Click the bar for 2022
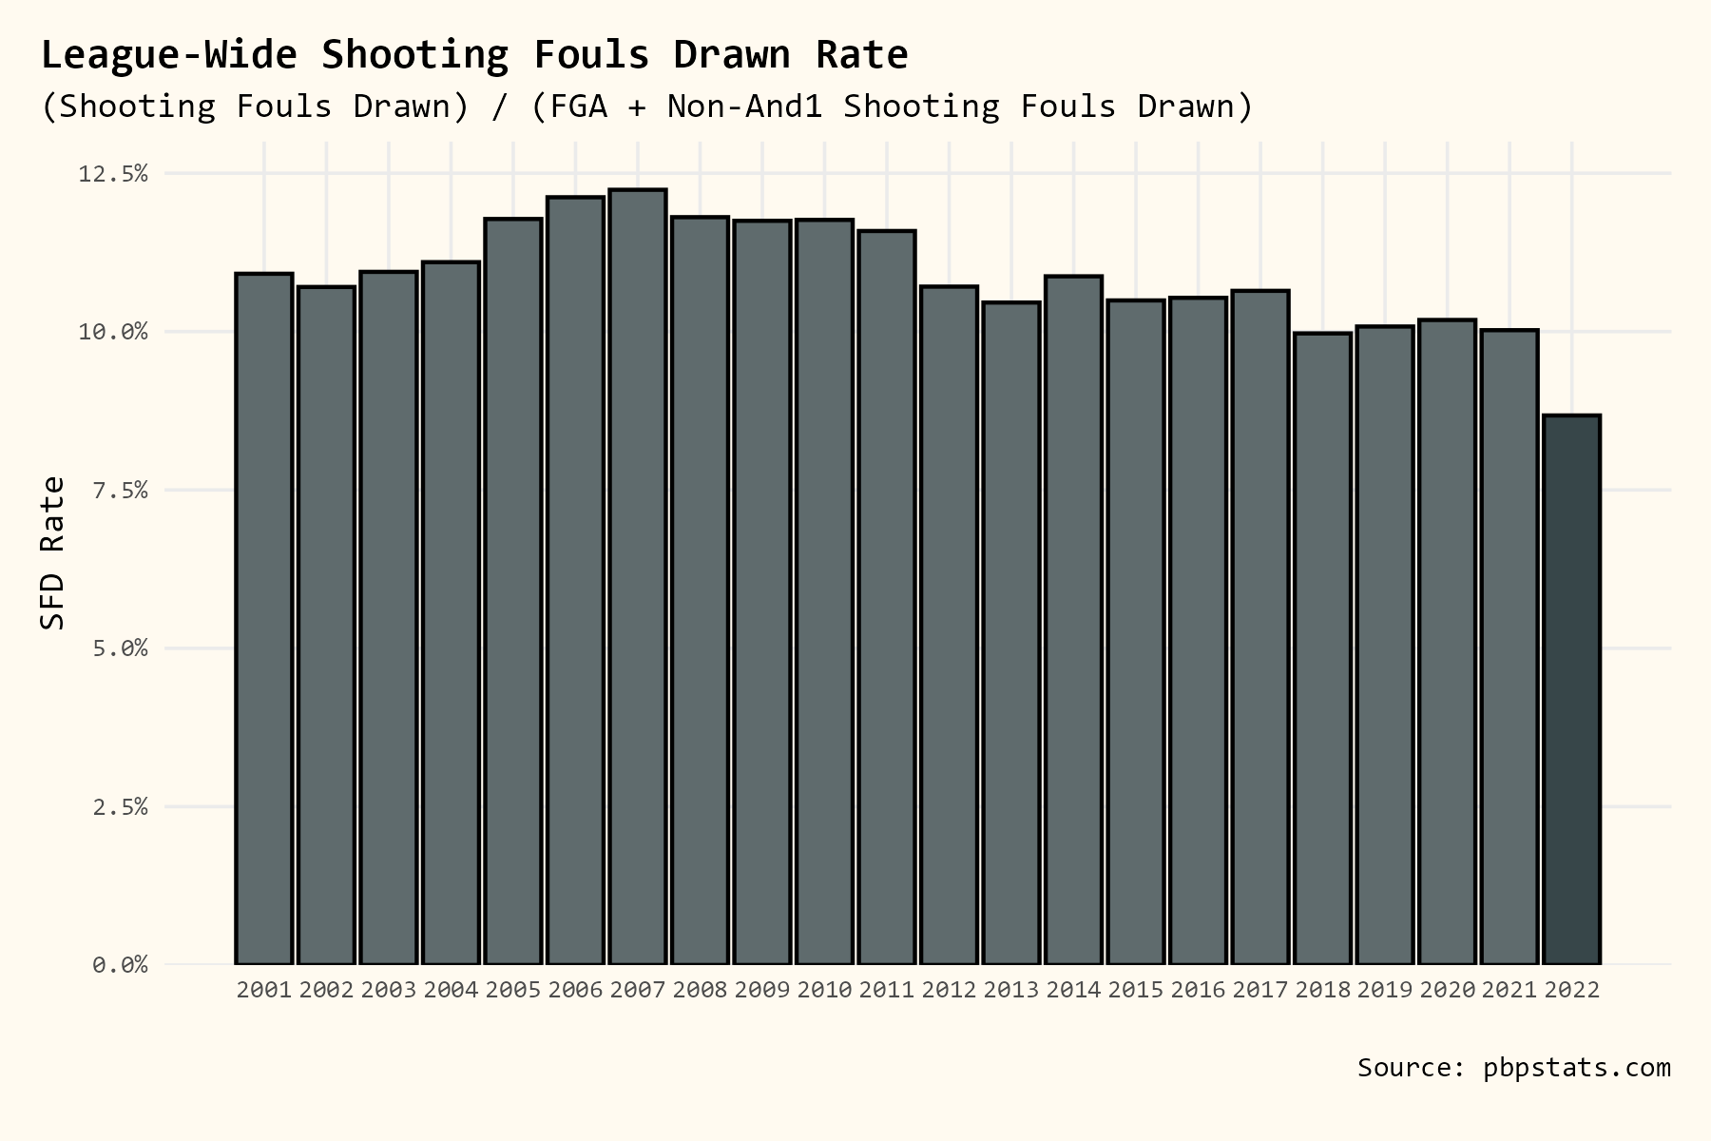(1571, 689)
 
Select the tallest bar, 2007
(637, 576)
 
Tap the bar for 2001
(263, 618)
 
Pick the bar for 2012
(949, 625)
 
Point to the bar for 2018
(1322, 648)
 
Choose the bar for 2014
(1073, 620)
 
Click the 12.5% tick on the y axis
(113, 174)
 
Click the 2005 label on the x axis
(512, 990)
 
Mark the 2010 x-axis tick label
(824, 990)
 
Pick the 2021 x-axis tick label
(1509, 990)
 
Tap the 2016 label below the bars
(1198, 990)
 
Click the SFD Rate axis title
(53, 552)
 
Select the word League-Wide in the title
(168, 55)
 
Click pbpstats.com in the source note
(1576, 1068)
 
